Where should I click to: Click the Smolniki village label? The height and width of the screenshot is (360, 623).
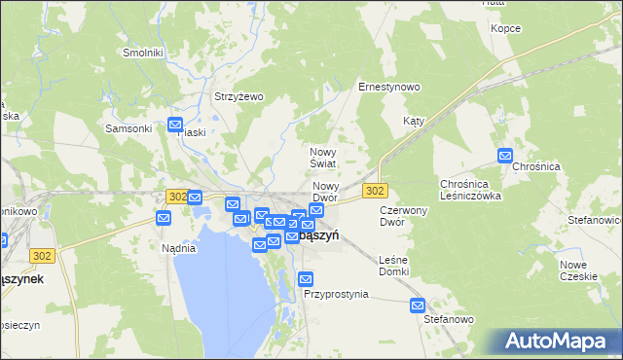click(142, 52)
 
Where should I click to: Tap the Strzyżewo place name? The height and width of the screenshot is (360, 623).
click(239, 96)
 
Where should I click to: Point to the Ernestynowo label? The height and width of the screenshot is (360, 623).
click(388, 87)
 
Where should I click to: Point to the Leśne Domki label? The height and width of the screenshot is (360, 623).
click(394, 265)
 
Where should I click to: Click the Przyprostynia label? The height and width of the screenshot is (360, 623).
click(336, 293)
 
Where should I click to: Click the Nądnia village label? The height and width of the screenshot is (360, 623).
click(179, 248)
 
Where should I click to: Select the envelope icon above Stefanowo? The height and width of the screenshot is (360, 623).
click(418, 305)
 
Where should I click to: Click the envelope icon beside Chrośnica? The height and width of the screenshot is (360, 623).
click(504, 155)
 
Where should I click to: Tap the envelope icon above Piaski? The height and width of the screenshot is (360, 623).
click(175, 124)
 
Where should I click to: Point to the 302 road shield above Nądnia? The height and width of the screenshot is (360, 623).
click(176, 196)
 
